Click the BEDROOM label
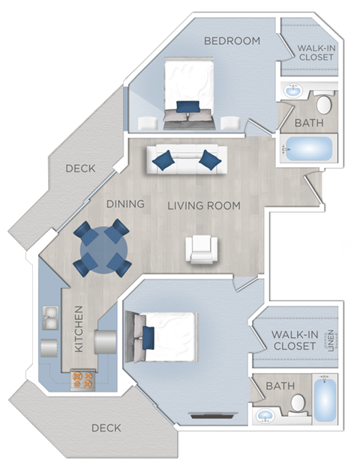232,40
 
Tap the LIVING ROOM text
204,206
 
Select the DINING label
125,204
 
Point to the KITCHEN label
78,329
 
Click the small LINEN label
331,341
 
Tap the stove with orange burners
82,380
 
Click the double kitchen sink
50,318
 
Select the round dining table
104,249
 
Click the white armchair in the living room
202,249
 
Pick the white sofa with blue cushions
187,159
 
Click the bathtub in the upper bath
308,149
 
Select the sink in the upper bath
293,90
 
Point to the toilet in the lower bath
298,405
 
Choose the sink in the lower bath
265,416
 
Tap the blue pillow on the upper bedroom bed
187,106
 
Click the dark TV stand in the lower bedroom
214,416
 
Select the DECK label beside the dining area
80,169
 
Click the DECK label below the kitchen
106,428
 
